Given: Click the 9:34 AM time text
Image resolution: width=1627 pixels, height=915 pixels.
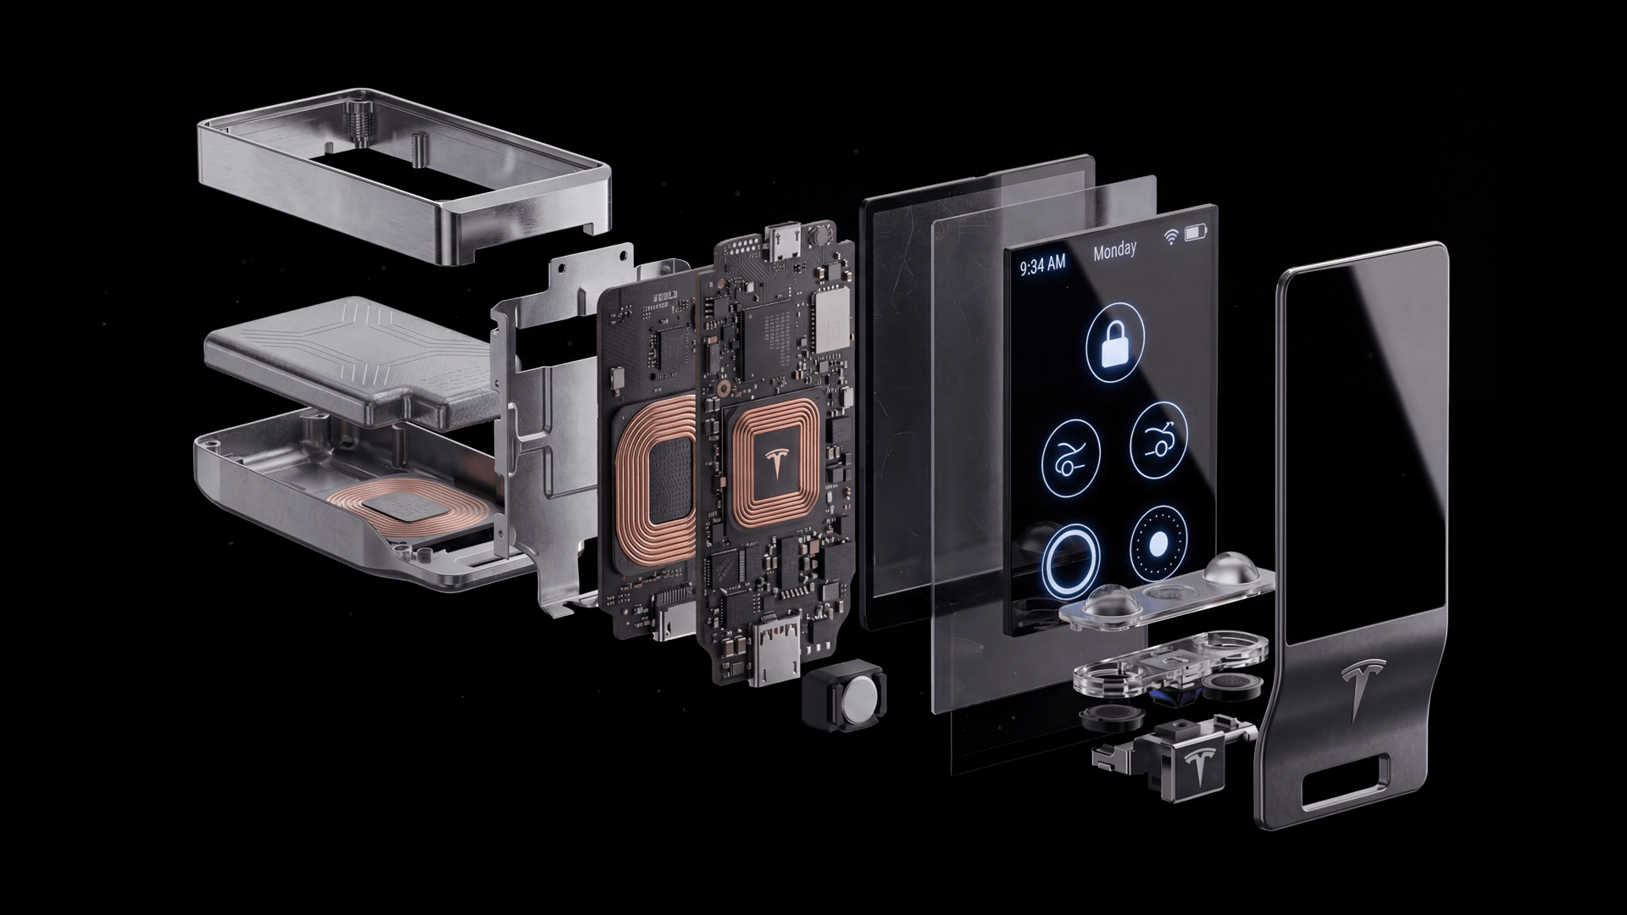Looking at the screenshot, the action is pos(1042,264).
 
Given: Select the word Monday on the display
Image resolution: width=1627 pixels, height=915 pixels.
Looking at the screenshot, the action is pos(1114,251).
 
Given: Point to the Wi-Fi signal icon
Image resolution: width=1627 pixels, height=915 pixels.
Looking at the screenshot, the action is pos(1173,236).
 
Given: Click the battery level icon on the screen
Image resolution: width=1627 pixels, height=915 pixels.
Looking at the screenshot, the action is pos(1197,231).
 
